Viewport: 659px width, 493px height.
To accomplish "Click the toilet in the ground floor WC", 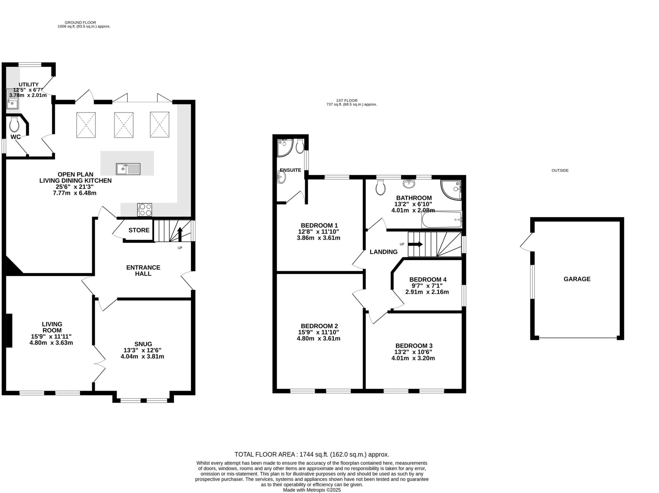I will (14, 125).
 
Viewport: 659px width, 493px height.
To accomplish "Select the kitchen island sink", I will (128, 169).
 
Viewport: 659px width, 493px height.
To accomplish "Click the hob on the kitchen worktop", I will (144, 210).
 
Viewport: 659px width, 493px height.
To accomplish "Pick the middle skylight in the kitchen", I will (124, 125).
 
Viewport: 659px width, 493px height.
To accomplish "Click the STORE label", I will (139, 230).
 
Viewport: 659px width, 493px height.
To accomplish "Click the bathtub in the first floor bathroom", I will (441, 219).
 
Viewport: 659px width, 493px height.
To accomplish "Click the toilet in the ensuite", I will (300, 147).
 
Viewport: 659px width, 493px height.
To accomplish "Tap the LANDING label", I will (383, 252).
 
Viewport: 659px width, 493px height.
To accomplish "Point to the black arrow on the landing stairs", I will (415, 244).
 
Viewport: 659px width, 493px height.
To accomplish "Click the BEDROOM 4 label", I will (428, 279).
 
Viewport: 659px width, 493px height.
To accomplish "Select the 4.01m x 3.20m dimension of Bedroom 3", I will (413, 358).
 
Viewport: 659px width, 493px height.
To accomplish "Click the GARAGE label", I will (577, 279).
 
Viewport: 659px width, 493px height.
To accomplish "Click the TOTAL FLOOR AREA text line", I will (311, 454).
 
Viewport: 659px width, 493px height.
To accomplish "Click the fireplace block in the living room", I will (9, 330).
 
